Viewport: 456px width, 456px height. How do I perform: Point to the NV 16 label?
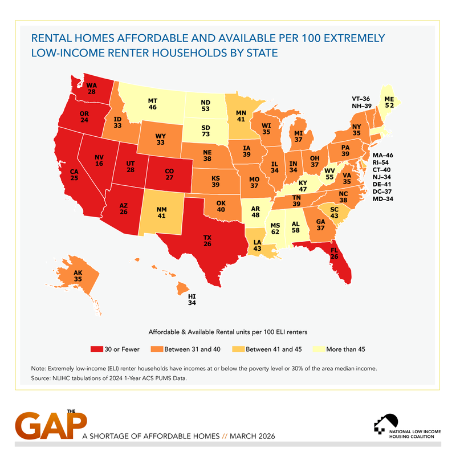tap(100, 159)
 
